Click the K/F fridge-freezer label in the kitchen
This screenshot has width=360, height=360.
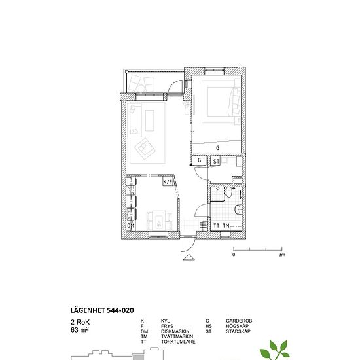tap(168, 183)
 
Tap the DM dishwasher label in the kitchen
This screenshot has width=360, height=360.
tap(130, 226)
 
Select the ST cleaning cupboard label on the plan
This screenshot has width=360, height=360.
tap(216, 162)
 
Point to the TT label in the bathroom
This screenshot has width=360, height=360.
tap(216, 226)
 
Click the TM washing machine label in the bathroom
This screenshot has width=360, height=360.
tap(226, 226)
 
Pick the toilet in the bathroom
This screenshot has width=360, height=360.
tap(228, 192)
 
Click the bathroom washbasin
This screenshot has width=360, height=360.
tap(238, 209)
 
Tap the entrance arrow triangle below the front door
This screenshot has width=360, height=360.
tap(189, 257)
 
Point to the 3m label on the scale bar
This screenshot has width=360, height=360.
tap(282, 255)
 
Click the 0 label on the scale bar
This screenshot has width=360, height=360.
tap(234, 255)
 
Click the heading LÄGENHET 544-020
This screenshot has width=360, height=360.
tap(102, 310)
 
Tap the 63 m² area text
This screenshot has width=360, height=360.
tap(80, 330)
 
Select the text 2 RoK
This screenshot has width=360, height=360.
tap(80, 322)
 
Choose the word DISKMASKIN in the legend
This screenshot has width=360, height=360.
tap(175, 331)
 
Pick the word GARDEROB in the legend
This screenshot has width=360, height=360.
tap(239, 321)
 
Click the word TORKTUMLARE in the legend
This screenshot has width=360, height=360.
tap(178, 342)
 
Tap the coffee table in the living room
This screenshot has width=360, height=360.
tap(150, 120)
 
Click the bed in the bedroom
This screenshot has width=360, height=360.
tap(221, 101)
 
